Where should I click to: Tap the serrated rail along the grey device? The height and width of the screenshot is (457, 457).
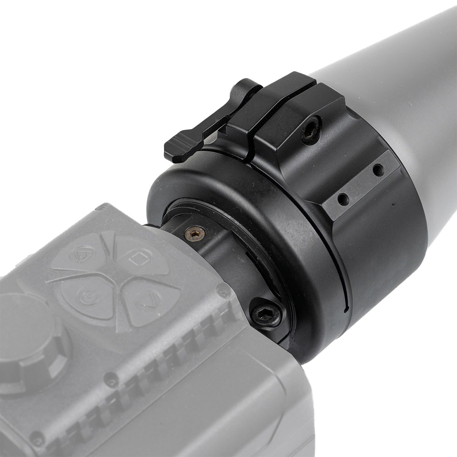160,366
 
